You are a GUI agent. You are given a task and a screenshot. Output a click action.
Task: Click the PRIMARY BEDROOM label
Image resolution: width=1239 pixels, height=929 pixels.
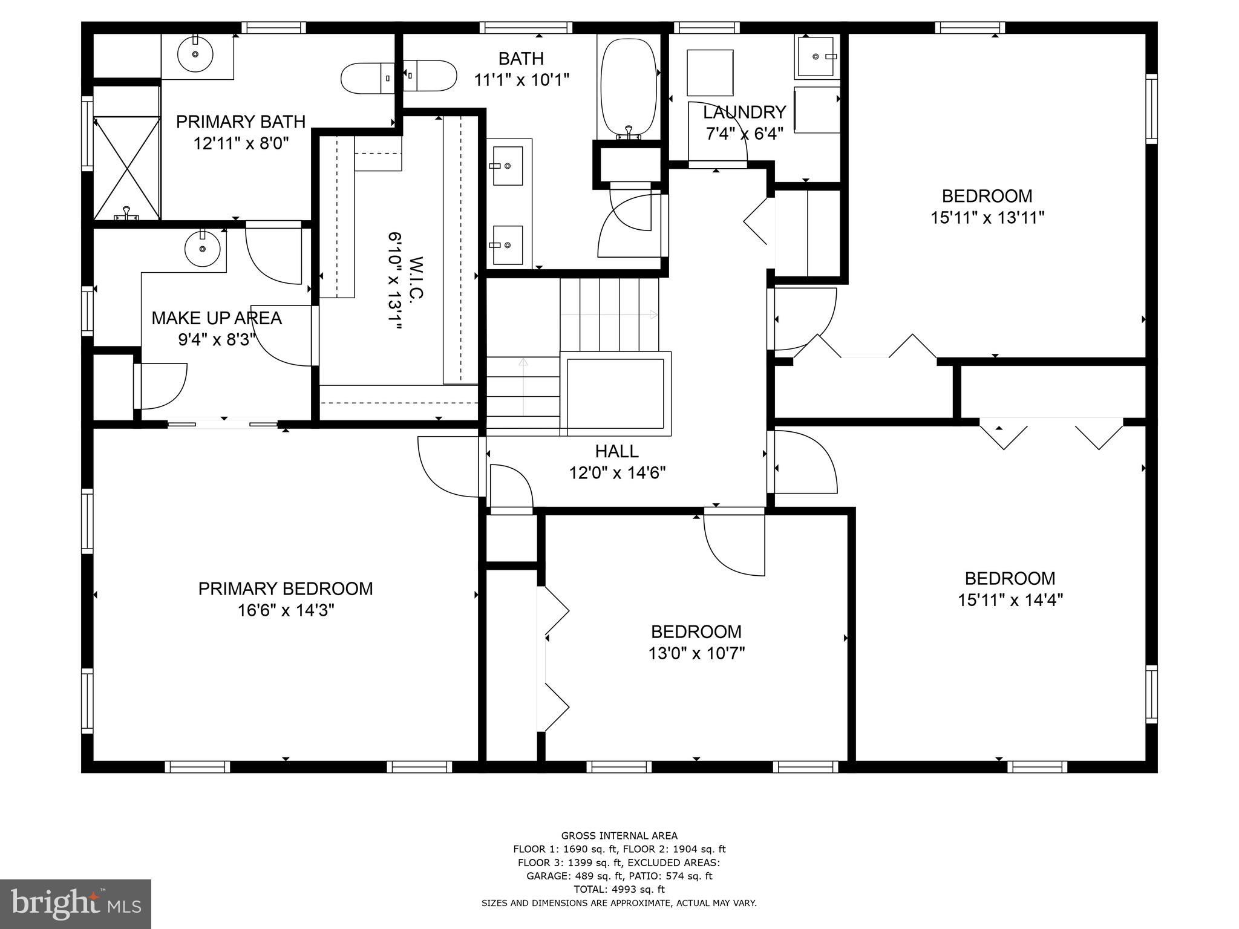286,588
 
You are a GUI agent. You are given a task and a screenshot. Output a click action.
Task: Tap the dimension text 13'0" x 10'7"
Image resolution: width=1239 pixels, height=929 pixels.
696,653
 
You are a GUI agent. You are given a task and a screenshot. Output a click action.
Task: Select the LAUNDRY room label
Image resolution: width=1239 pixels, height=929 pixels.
744,112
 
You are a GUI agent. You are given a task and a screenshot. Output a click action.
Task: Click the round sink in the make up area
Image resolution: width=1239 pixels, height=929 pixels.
202,249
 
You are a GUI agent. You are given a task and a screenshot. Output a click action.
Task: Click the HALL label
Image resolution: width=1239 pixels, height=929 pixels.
616,451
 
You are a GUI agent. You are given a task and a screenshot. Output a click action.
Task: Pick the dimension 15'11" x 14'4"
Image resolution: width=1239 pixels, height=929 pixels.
1010,600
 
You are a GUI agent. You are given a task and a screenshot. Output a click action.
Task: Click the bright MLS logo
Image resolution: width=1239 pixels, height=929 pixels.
76,904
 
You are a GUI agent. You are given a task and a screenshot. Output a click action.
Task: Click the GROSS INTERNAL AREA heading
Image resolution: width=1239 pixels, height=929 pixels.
619,836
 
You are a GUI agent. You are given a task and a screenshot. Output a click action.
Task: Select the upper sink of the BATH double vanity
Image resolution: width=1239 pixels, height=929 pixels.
507,166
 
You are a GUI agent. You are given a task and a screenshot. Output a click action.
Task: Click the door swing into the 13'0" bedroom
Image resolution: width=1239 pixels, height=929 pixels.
734,544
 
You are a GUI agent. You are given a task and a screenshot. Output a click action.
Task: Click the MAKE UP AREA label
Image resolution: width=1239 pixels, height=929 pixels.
217,318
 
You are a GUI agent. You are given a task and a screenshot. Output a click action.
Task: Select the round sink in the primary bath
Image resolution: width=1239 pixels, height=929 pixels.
195,54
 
